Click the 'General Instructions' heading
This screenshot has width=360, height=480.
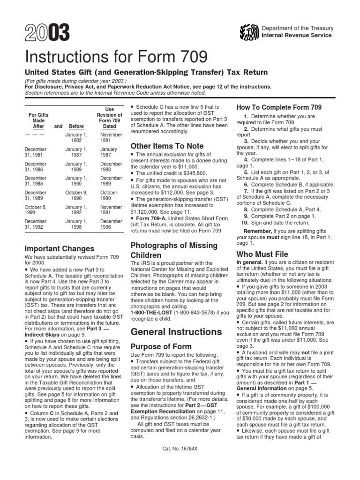(x=177, y=332)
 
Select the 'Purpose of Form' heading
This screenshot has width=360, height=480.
(x=162, y=346)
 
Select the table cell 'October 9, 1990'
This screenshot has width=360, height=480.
(x=76, y=195)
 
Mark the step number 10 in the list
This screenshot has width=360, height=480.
(x=244, y=223)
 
